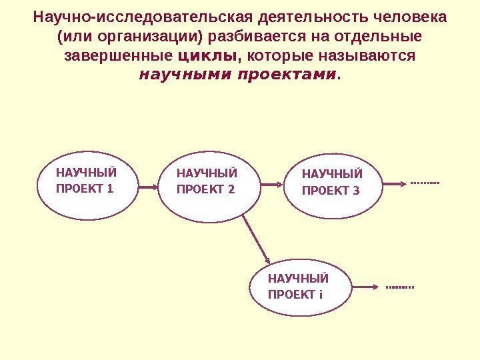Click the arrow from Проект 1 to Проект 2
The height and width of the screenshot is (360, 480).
coord(148,187)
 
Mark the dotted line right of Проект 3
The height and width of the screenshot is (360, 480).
coord(425,182)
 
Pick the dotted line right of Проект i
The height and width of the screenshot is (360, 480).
coord(400,287)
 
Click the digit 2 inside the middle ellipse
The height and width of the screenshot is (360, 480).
coord(231,189)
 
